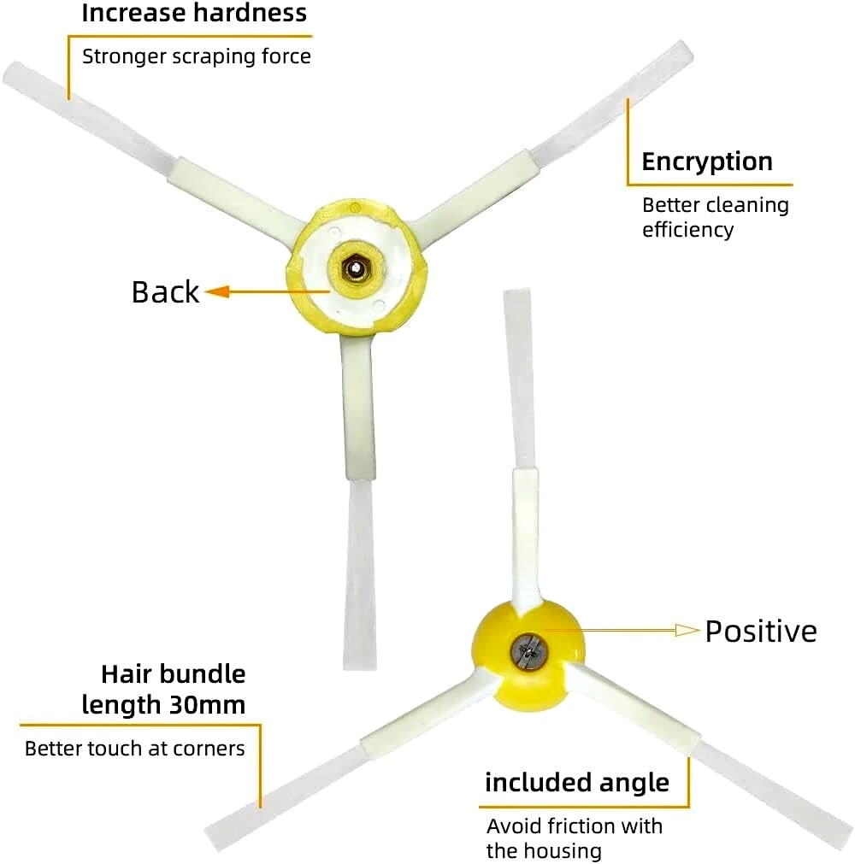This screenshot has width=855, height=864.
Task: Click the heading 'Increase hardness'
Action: pyautogui.click(x=194, y=13)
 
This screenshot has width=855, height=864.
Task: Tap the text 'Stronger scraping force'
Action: pyautogui.click(x=197, y=56)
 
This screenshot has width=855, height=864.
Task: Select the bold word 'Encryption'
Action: pyautogui.click(x=707, y=162)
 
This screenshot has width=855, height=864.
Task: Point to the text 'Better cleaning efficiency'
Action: pyautogui.click(x=716, y=217)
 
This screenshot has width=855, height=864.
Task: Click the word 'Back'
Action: pyautogui.click(x=165, y=291)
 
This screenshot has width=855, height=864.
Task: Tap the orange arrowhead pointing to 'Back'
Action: pyautogui.click(x=218, y=291)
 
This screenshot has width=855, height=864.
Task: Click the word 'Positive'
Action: pyautogui.click(x=761, y=631)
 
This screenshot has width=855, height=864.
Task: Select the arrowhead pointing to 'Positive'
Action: pyautogui.click(x=687, y=630)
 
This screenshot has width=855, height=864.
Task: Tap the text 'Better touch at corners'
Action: pyautogui.click(x=135, y=749)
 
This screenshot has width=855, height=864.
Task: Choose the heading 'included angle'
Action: pyautogui.click(x=577, y=783)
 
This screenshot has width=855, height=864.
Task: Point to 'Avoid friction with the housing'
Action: pyautogui.click(x=575, y=838)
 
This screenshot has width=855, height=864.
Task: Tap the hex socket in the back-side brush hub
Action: pyautogui.click(x=356, y=268)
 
